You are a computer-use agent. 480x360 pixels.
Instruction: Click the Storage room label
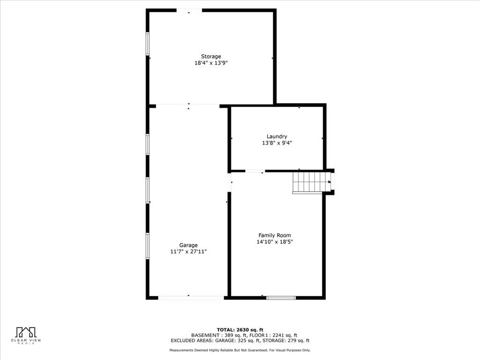click(211, 56)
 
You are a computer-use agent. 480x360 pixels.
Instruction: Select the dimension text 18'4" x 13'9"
click(211, 63)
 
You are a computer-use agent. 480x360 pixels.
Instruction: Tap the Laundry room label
click(277, 136)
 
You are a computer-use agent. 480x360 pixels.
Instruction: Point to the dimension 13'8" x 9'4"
click(277, 143)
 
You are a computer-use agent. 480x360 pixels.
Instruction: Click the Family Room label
click(275, 235)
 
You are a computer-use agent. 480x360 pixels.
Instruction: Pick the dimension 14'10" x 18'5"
click(275, 242)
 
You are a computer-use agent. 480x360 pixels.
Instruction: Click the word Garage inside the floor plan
click(188, 245)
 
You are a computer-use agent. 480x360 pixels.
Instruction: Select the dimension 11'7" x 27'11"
click(188, 252)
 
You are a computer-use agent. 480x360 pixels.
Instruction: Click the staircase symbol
click(311, 182)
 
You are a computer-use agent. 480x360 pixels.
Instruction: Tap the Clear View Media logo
click(26, 336)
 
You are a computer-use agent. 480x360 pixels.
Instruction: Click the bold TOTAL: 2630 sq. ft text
click(240, 330)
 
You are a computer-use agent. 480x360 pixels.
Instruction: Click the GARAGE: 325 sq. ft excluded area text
click(238, 340)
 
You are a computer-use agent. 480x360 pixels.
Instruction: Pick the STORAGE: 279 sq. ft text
click(286, 340)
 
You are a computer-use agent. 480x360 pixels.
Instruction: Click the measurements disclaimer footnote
click(240, 350)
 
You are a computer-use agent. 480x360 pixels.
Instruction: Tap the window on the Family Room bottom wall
click(281, 298)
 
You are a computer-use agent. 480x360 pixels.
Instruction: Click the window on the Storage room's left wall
click(148, 44)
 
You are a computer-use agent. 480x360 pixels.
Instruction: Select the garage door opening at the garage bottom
click(191, 298)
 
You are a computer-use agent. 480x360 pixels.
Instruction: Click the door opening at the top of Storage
click(189, 10)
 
